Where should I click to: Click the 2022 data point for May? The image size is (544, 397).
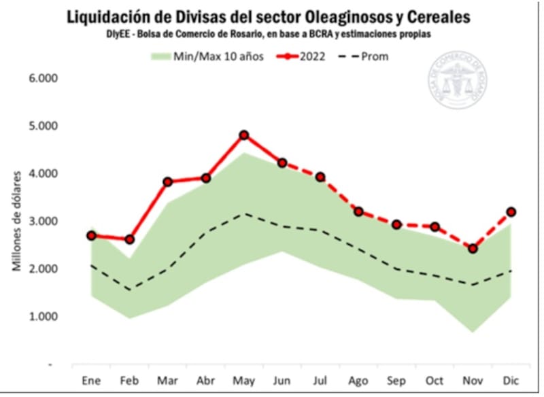244,135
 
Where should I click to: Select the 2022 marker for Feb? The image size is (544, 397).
130,239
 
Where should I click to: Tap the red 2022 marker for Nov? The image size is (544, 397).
473,249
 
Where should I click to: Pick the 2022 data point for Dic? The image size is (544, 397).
511,212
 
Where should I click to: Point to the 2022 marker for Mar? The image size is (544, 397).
168,182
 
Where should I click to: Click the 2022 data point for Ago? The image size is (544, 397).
358,211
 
